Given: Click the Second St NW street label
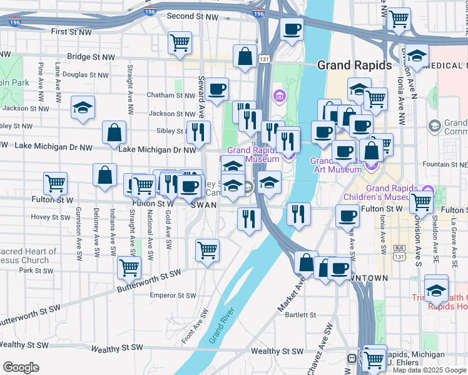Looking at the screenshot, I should pyautogui.click(x=189, y=16).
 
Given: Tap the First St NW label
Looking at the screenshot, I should pyautogui.click(x=71, y=31).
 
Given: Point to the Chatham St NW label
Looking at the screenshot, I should pyautogui.click(x=171, y=96).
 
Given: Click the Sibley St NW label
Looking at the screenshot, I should pyautogui.click(x=165, y=131).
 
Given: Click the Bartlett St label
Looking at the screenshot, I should pyautogui.click(x=298, y=315).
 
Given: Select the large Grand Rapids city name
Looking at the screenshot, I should pyautogui.click(x=354, y=65).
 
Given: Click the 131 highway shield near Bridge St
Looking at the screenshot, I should pyautogui.click(x=265, y=59).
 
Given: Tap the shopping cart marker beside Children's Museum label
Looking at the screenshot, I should pyautogui.click(x=422, y=201).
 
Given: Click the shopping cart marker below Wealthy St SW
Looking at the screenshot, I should pyautogui.click(x=374, y=359).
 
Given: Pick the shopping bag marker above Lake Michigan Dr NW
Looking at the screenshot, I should pyautogui.click(x=114, y=132).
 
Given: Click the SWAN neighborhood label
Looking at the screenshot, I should pyautogui.click(x=203, y=204).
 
